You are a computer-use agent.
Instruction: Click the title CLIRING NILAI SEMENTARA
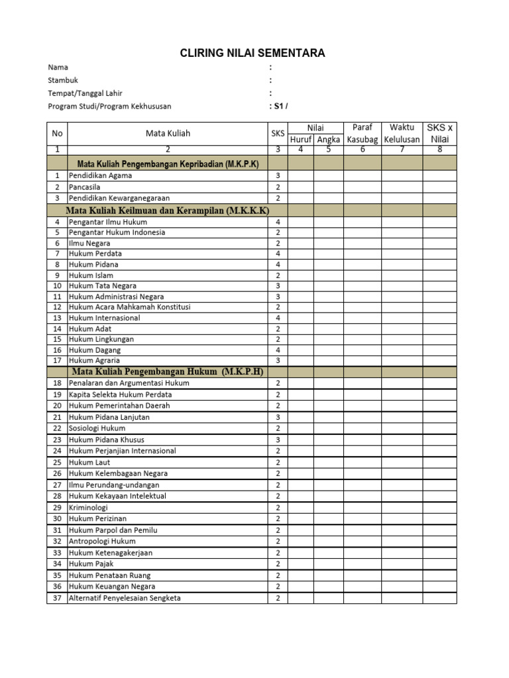click(x=253, y=53)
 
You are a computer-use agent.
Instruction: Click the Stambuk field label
click(x=63, y=80)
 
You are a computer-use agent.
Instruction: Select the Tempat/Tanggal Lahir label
click(x=85, y=93)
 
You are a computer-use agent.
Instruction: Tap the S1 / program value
click(x=278, y=106)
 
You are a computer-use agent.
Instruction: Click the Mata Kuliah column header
click(x=168, y=133)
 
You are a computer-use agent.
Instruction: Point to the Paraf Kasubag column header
click(x=362, y=133)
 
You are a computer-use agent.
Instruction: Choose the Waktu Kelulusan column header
click(x=402, y=133)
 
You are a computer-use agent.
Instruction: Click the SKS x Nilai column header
click(x=439, y=133)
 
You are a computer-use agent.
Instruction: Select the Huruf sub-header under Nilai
click(x=300, y=140)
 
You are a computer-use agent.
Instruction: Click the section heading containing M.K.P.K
click(x=168, y=164)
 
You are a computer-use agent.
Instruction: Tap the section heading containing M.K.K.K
click(x=168, y=211)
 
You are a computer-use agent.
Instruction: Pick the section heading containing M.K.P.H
click(x=168, y=372)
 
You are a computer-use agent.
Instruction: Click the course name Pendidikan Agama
click(x=100, y=176)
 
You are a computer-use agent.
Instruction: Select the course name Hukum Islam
click(x=91, y=275)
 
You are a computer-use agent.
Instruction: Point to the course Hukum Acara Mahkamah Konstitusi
click(x=129, y=307)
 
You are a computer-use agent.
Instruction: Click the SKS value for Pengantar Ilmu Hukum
click(x=278, y=222)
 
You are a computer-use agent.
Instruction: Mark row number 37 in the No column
click(x=57, y=598)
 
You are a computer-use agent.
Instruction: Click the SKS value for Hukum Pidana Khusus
click(x=278, y=440)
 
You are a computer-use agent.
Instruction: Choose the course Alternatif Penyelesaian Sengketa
click(x=125, y=598)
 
